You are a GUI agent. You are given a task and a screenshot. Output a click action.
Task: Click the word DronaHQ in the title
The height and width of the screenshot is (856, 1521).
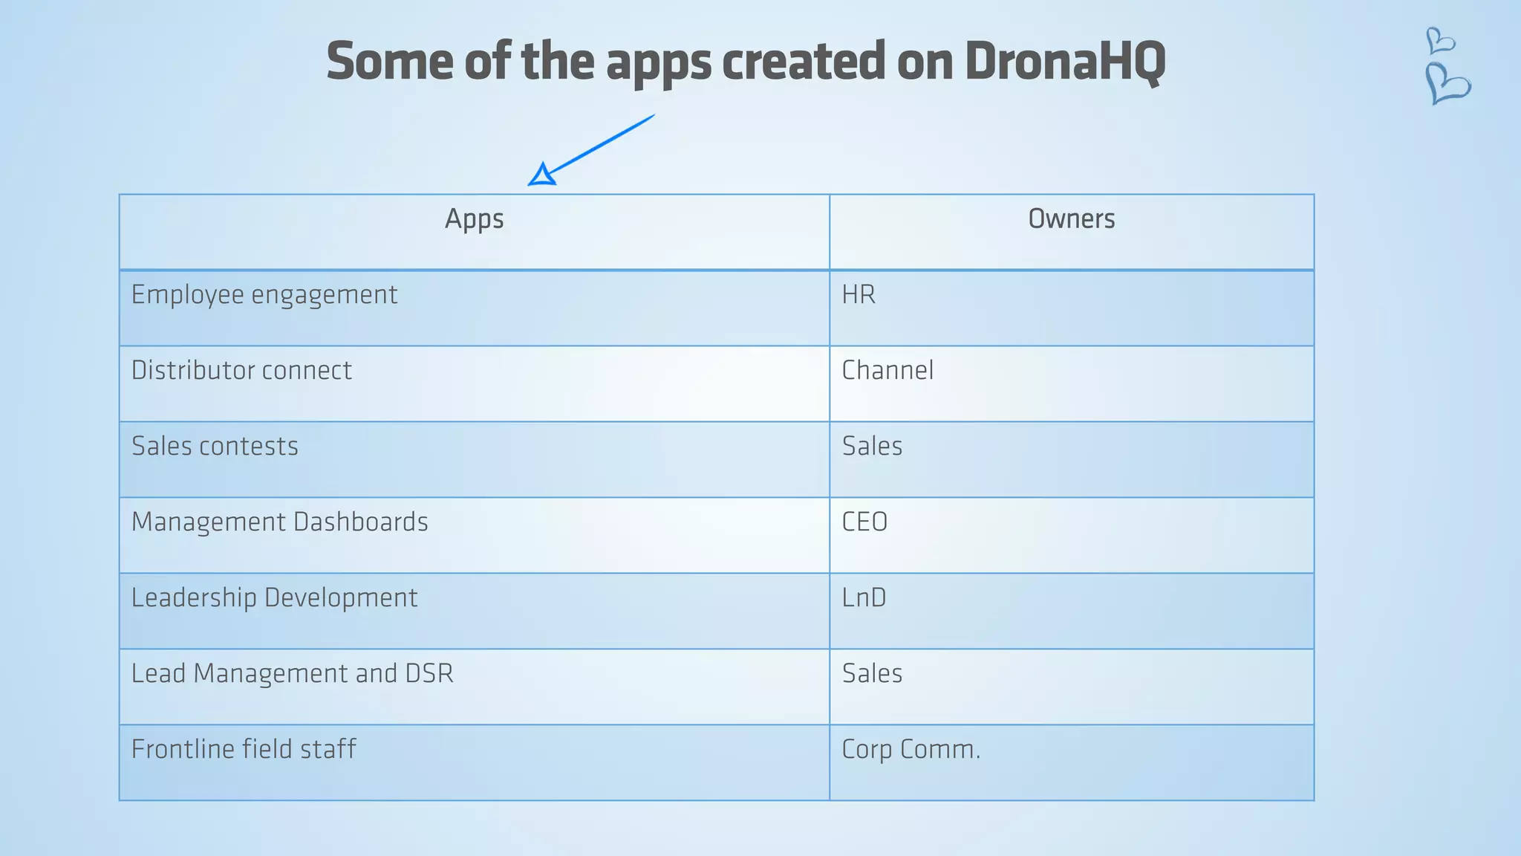coord(1065,62)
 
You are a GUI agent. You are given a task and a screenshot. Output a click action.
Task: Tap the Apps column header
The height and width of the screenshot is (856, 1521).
coord(474,219)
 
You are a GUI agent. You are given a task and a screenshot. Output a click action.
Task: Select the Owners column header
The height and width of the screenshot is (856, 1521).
coord(1071,219)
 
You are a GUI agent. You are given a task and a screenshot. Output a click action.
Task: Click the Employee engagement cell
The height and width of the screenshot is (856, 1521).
coord(264,296)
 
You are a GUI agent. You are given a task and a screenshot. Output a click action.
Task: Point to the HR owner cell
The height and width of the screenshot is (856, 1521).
coord(859,295)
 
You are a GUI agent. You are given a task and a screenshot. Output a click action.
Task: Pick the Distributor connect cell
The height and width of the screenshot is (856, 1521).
coord(241,371)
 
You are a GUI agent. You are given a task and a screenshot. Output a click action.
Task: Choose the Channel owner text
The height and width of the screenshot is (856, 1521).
coord(887,371)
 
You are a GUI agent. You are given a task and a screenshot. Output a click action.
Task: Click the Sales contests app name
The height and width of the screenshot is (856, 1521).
coord(215,447)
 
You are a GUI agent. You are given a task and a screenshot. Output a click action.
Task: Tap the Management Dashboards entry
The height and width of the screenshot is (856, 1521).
coord(279,522)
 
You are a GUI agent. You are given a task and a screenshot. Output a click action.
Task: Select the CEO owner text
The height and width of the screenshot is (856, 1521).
coord(864,522)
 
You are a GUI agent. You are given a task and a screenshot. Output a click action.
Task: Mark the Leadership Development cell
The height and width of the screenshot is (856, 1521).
coord(274,598)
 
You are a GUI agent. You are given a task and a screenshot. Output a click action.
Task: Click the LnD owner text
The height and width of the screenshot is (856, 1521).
coord(864,598)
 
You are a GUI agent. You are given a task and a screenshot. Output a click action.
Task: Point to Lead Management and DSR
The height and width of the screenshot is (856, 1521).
coord(292,674)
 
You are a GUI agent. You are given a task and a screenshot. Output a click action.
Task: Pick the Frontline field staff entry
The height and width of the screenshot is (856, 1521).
coord(244,750)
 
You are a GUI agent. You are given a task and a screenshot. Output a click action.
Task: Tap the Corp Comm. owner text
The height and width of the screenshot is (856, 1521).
coord(911,750)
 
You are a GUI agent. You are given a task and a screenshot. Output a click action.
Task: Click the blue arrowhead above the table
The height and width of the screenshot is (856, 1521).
coord(542,175)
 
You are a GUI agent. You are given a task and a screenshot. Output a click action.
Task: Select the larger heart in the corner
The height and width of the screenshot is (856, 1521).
coord(1447,83)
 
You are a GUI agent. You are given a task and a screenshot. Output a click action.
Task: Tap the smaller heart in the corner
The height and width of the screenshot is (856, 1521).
coord(1440,40)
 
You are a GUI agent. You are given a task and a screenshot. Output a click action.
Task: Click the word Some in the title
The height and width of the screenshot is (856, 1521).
coord(389,62)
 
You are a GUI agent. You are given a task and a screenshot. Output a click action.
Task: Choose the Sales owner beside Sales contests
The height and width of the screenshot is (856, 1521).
coord(872,447)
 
